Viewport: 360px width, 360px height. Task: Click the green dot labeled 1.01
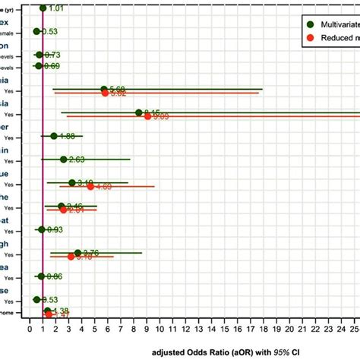click(x=43, y=8)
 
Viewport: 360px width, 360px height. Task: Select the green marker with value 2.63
click(x=64, y=159)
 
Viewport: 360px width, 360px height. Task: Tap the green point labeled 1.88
click(x=54, y=136)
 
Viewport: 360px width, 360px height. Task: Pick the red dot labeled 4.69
click(x=90, y=186)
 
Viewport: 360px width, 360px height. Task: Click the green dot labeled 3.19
click(x=71, y=182)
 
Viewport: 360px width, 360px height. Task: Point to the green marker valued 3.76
click(x=78, y=253)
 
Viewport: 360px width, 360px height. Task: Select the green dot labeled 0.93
click(x=42, y=229)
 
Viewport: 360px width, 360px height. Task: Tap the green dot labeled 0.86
click(x=41, y=276)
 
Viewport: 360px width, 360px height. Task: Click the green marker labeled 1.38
click(x=48, y=311)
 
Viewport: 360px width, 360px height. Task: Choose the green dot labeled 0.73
click(x=39, y=55)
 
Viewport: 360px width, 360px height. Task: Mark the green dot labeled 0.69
click(x=39, y=66)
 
